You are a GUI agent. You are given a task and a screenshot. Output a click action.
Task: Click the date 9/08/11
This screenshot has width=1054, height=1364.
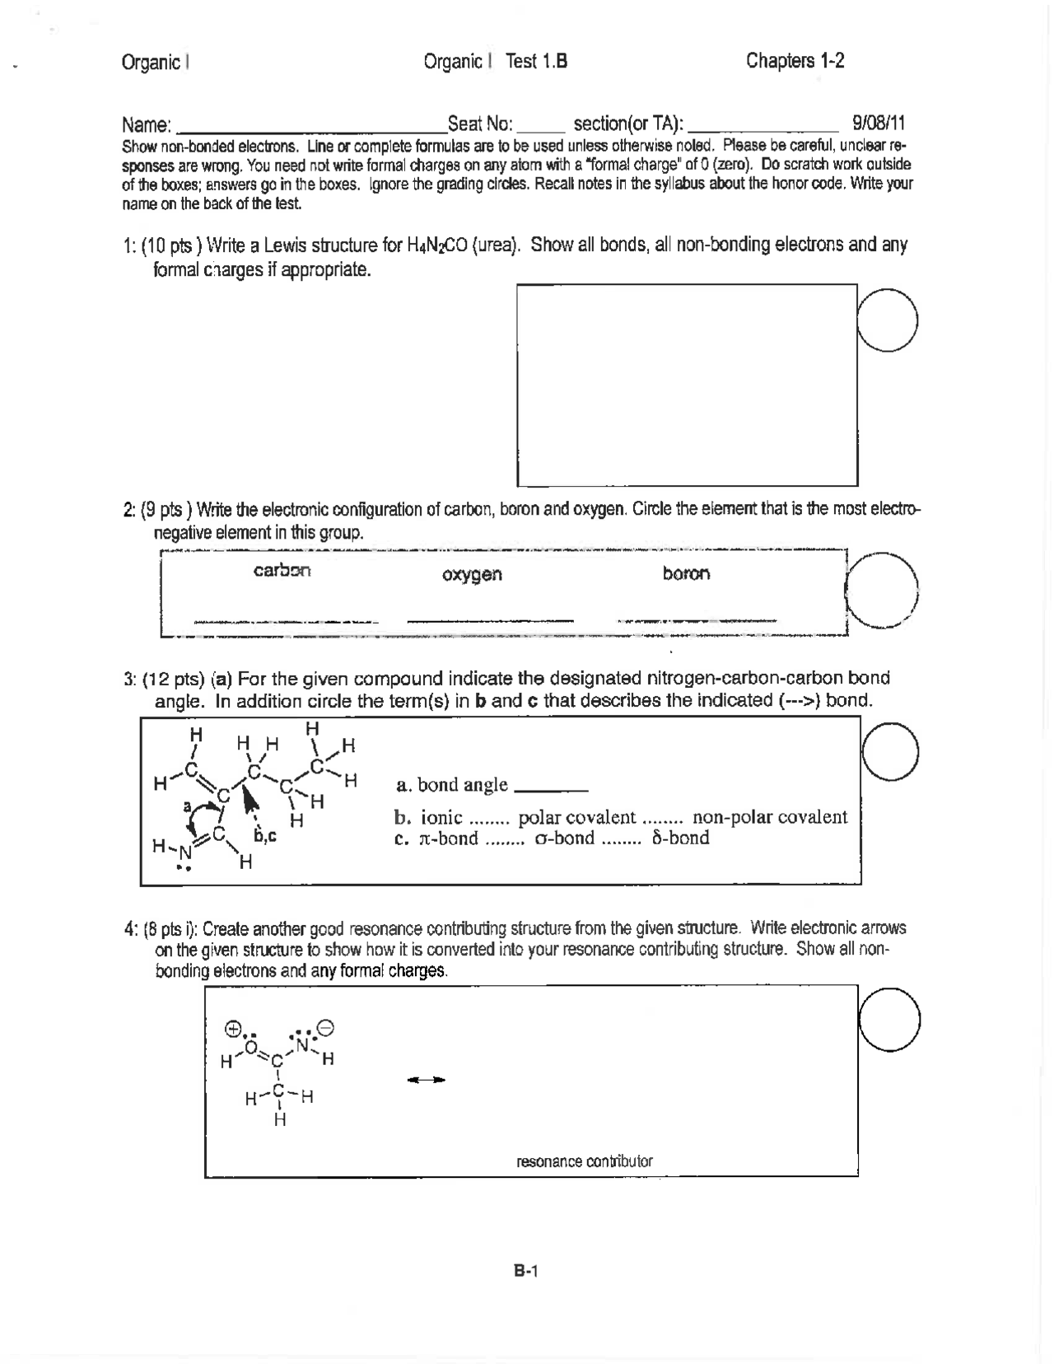(x=879, y=124)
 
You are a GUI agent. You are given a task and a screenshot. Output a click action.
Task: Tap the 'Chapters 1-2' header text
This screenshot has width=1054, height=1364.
(x=795, y=61)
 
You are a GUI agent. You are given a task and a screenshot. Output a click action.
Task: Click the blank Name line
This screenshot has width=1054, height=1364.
(x=311, y=128)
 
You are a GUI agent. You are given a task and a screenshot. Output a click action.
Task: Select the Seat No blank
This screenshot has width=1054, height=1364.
(x=541, y=128)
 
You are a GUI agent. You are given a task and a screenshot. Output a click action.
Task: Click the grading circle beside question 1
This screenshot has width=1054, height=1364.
(x=887, y=321)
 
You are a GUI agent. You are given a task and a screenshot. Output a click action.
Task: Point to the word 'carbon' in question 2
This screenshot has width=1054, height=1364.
(x=282, y=570)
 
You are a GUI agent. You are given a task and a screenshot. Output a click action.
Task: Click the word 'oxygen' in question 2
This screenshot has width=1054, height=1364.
(x=472, y=574)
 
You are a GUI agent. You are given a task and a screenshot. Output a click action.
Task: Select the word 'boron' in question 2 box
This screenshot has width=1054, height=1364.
(x=686, y=572)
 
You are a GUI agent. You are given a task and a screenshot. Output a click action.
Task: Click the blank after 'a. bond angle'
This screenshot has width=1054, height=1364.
(x=550, y=788)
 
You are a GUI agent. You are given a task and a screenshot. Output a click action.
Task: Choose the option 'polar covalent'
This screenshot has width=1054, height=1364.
(x=576, y=817)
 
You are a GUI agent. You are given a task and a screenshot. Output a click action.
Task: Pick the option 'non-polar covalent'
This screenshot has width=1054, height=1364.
(x=769, y=817)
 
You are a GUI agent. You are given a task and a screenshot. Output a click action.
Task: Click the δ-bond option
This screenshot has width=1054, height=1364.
(x=679, y=838)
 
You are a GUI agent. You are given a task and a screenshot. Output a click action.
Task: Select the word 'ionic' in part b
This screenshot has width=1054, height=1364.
(x=441, y=817)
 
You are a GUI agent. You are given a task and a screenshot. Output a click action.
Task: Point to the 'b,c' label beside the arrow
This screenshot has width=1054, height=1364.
(x=264, y=836)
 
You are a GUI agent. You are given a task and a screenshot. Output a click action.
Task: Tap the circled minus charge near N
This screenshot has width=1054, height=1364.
(x=325, y=1028)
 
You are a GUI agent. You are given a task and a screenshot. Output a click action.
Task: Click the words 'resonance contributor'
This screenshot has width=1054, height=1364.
(x=584, y=1161)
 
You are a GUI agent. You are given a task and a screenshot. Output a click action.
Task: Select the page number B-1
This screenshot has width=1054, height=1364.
(x=525, y=1272)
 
